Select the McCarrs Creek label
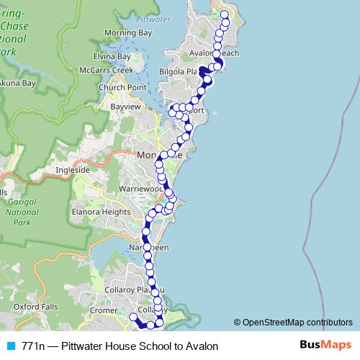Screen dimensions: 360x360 click(x=107, y=70)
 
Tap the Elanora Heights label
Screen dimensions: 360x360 click(x=100, y=212)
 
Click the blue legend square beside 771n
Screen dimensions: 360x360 click(x=10, y=346)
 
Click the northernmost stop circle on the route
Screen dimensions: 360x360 click(x=224, y=14)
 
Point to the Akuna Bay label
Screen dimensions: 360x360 click(x=17, y=83)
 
